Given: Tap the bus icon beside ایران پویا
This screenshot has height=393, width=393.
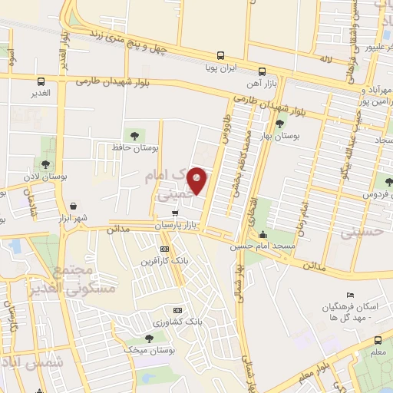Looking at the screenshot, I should (220, 54).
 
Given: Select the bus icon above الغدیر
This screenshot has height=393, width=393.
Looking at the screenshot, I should (41, 81).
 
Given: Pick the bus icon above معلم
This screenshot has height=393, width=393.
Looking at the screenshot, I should (378, 340).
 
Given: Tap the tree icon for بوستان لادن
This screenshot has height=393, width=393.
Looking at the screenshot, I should (46, 163).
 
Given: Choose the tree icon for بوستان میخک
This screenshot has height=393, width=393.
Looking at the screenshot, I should (150, 338).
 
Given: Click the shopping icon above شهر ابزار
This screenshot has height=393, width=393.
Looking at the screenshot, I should (73, 206).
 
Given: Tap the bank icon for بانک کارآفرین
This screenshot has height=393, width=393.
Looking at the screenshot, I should (164, 249).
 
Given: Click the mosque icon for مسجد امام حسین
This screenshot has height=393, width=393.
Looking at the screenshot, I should (264, 234).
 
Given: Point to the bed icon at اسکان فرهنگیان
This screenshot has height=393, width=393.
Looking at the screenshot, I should (350, 296).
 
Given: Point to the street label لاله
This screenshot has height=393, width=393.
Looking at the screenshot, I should (325, 58).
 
